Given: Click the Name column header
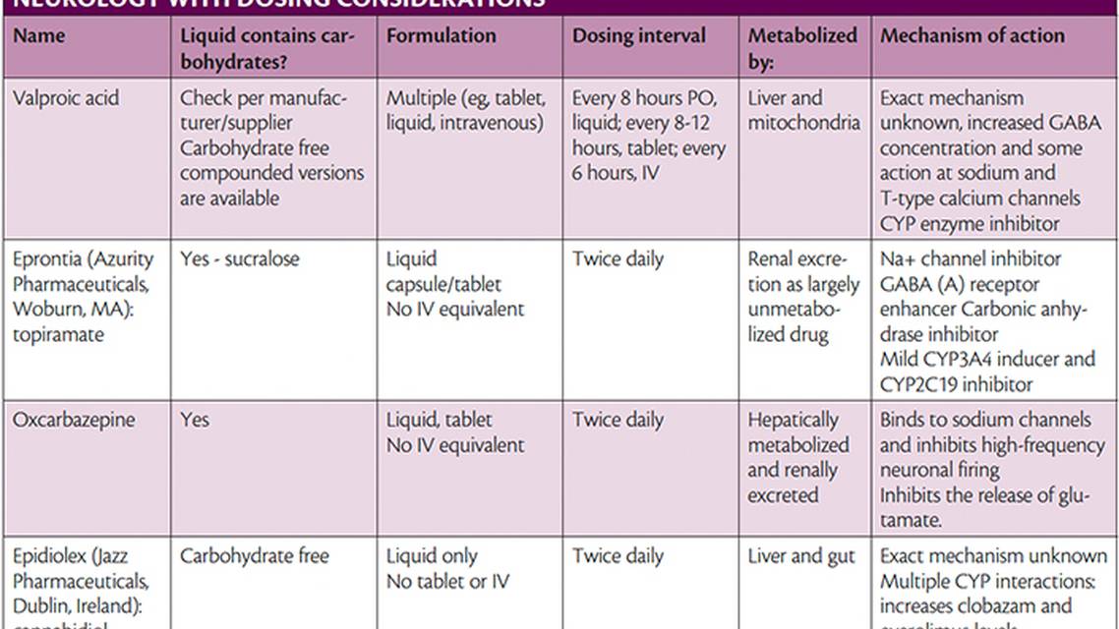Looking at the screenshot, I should pos(39,36).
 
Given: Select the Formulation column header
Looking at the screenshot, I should pos(441,36).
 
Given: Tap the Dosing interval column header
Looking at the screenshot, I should pos(639,36).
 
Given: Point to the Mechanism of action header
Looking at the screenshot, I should pos(972,36).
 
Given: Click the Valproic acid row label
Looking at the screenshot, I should pos(65,98).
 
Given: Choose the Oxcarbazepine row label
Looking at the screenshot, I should pos(74,421).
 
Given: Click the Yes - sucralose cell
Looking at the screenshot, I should pos(239,259).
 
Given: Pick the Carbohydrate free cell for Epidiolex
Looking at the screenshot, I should pos(254,556).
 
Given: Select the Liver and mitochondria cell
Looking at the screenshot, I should pos(803,110).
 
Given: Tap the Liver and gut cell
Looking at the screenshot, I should pos(801,556).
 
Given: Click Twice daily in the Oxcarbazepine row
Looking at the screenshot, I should pos(618,421).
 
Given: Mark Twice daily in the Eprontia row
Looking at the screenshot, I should pos(618,259).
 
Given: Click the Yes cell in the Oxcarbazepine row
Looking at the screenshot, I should pos(195,421).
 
